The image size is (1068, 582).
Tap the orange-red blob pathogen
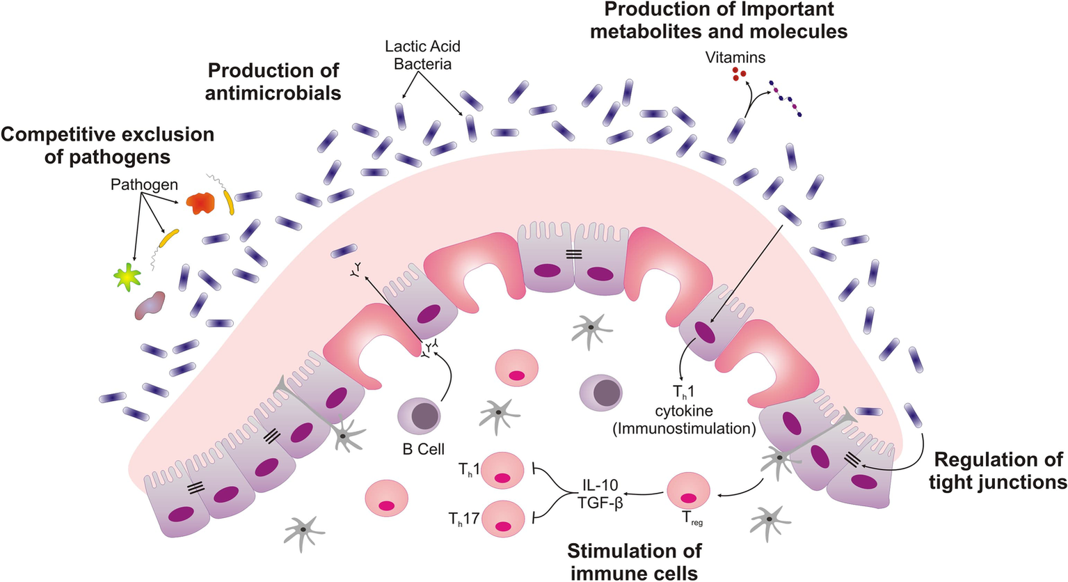click(201, 202)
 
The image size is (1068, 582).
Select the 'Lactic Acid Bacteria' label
click(422, 55)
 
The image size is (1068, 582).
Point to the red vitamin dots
click(739, 74)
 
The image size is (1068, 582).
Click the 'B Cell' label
click(423, 449)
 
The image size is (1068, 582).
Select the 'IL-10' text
click(599, 485)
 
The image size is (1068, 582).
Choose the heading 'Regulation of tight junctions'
click(998, 471)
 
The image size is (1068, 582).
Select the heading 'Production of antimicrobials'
click(273, 81)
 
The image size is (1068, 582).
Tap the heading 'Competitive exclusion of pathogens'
click(108, 145)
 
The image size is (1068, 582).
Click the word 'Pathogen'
click(144, 185)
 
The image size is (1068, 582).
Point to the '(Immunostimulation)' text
click(684, 428)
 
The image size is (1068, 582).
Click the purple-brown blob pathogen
click(151, 305)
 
